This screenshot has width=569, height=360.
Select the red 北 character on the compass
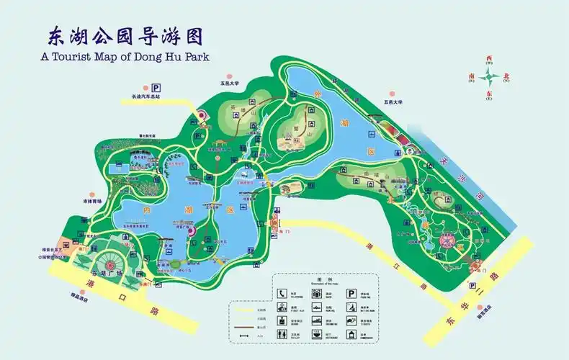coord(506,75)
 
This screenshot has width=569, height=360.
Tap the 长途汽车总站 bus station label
coord(145,96)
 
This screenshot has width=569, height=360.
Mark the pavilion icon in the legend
coord(351,333)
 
